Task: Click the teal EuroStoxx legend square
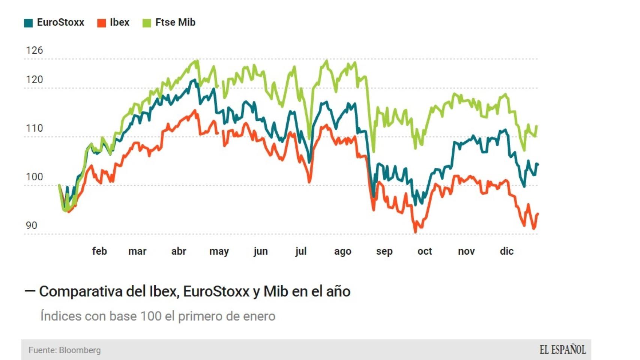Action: [x=28, y=23]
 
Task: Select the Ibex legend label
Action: [x=120, y=22]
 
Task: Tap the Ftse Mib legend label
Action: [x=175, y=22]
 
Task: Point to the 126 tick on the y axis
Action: [x=34, y=50]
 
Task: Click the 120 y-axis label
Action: [x=34, y=79]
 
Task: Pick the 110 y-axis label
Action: [x=34, y=128]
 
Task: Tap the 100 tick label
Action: [x=34, y=177]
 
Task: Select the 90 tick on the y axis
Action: [x=32, y=225]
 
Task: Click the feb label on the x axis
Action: [x=99, y=251]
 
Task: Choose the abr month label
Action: [x=179, y=251]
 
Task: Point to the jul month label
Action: [x=301, y=251]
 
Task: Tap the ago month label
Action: [x=343, y=251]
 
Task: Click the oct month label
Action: [x=425, y=251]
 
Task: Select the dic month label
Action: [x=506, y=251]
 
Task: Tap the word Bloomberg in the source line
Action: [x=80, y=350]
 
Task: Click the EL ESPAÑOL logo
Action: [x=562, y=350]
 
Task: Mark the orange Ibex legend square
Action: [x=101, y=23]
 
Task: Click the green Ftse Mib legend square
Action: [x=147, y=23]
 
